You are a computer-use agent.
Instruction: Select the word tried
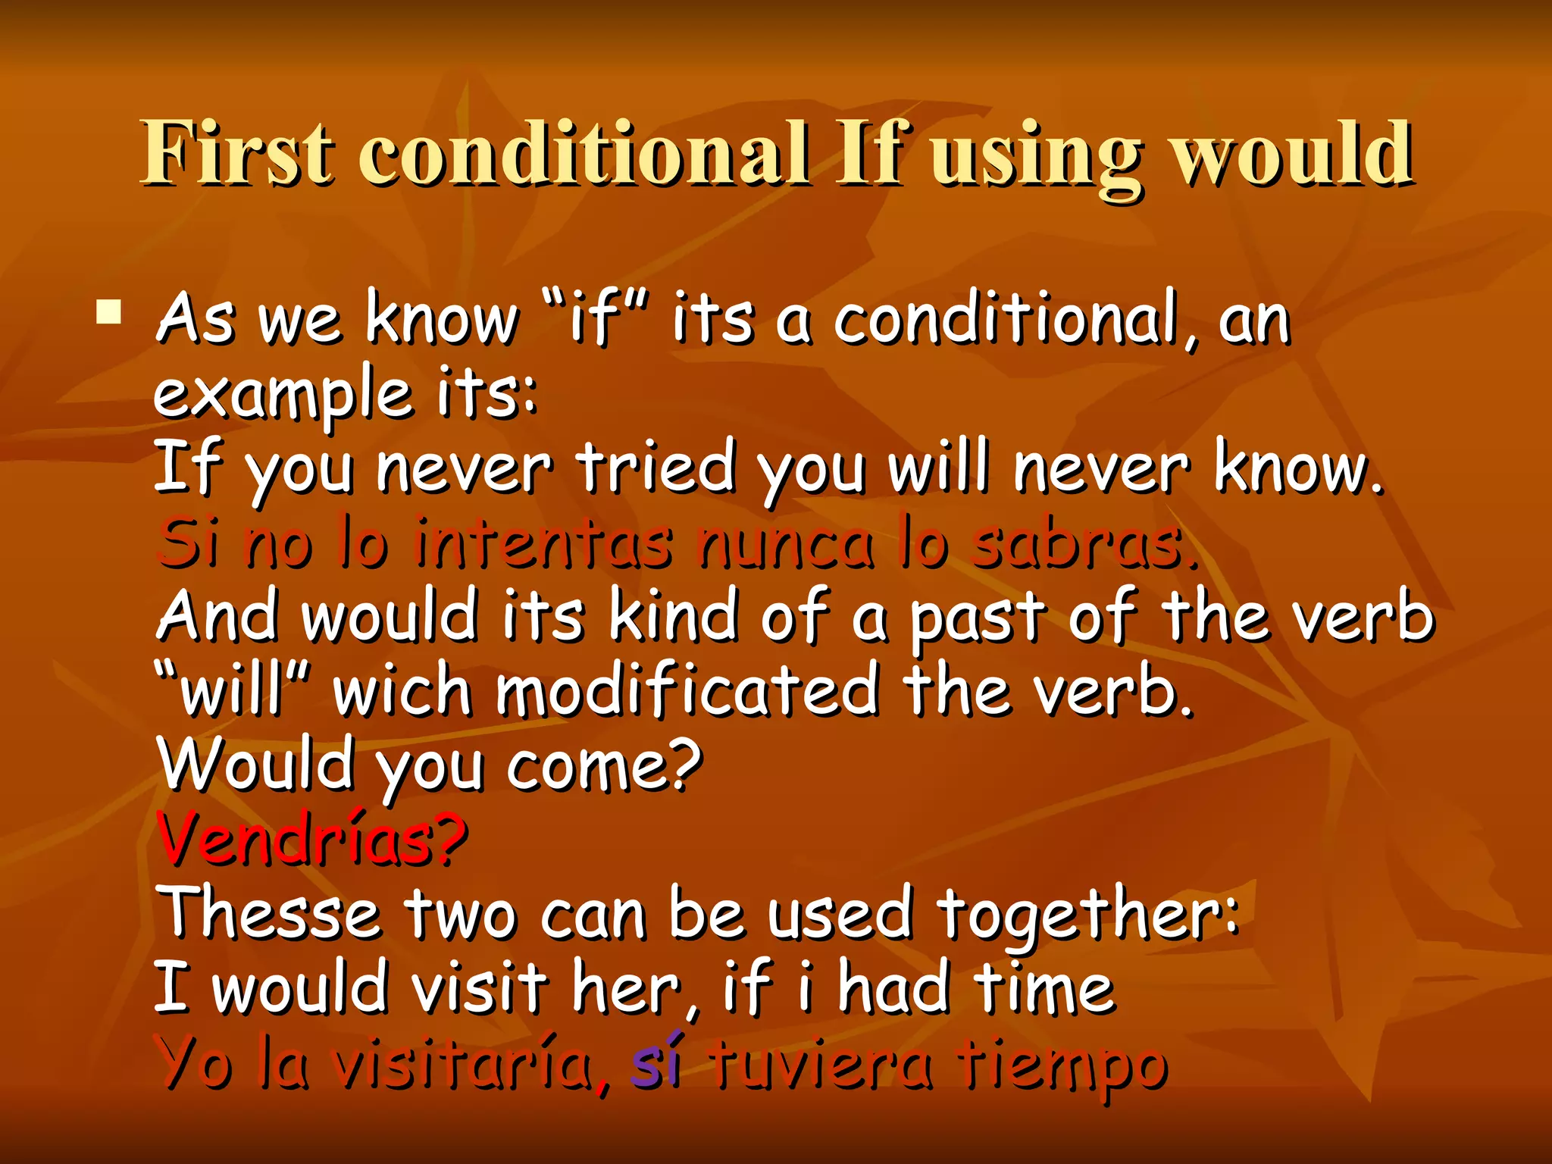[x=656, y=467]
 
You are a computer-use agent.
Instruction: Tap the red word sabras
[x=1084, y=542]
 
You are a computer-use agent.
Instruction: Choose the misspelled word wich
[x=402, y=690]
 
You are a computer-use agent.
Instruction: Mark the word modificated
[x=687, y=690]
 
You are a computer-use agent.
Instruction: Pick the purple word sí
[x=656, y=1061]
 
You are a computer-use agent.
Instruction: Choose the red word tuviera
[x=822, y=1062]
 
